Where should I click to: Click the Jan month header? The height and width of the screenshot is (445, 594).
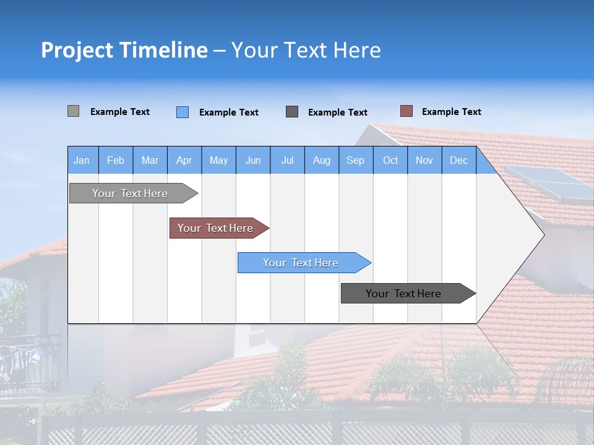point(82,160)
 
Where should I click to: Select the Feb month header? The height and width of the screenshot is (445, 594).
point(116,160)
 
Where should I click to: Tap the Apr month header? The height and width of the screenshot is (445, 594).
point(184,160)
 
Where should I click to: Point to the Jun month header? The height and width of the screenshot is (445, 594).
point(253,160)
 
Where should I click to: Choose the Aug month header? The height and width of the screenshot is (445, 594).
point(322,160)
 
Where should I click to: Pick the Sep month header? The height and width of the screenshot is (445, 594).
point(356,160)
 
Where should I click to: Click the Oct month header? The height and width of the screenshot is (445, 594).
point(390,160)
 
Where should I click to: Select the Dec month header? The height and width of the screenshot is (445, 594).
point(459,160)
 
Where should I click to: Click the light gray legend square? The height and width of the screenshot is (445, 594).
point(74,111)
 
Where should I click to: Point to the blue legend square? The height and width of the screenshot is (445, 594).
point(183,112)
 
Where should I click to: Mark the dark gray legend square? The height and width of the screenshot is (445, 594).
point(292,111)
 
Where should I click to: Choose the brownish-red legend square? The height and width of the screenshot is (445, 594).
point(407,111)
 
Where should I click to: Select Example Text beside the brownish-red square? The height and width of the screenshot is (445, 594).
point(451,111)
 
